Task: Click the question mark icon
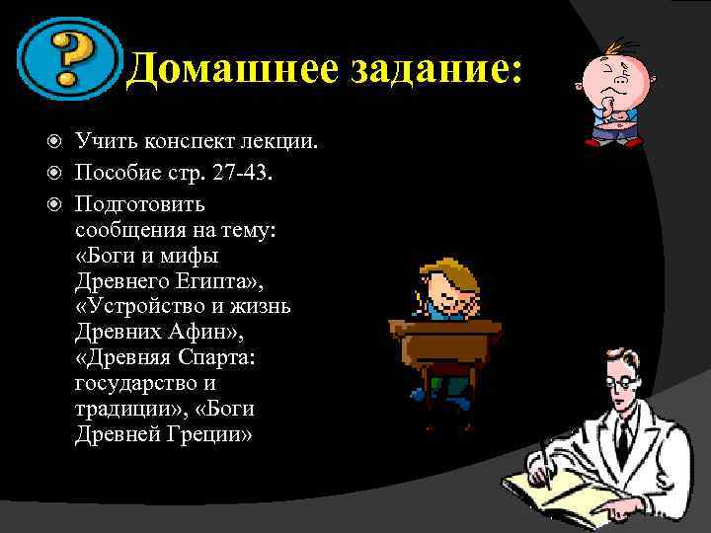tap(66, 60)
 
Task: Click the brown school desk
tap(449, 341)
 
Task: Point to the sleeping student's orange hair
tap(444, 271)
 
